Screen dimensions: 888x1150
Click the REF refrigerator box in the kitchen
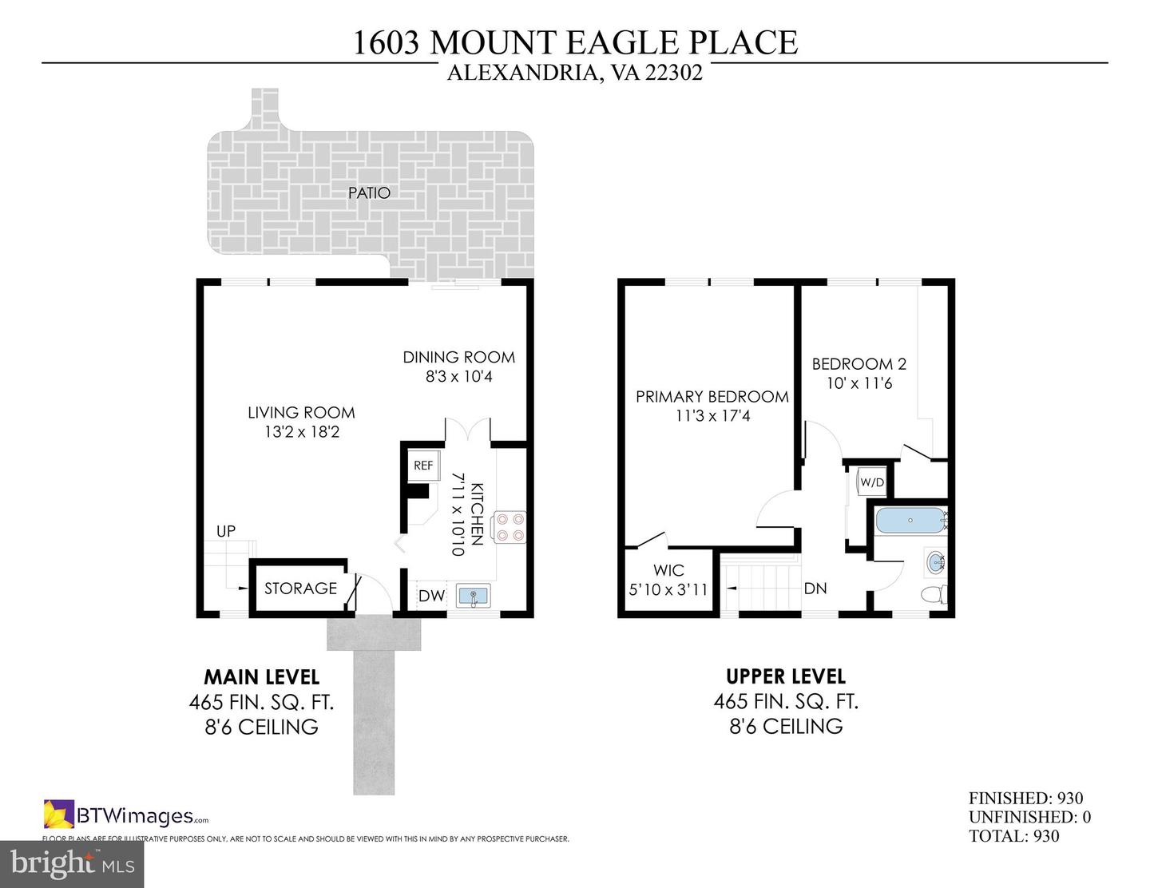click(x=423, y=466)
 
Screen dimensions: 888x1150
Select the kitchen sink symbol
click(x=474, y=596)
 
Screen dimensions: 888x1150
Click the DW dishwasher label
click(x=431, y=596)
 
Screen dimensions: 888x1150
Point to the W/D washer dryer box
click(x=871, y=482)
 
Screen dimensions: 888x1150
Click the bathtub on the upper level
click(x=910, y=521)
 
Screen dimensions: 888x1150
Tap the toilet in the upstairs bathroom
click(x=934, y=595)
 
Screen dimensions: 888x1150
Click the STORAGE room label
click(x=300, y=589)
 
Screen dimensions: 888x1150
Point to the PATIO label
click(x=369, y=192)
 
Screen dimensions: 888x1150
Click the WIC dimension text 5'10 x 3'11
click(x=668, y=590)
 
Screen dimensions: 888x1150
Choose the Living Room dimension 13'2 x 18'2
click(x=301, y=432)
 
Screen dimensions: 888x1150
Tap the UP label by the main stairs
click(x=226, y=531)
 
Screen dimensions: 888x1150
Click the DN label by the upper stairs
click(x=815, y=589)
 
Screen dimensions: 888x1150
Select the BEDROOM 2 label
click(x=859, y=364)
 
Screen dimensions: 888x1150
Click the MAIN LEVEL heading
click(x=262, y=677)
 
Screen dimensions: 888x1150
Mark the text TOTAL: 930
click(x=1013, y=836)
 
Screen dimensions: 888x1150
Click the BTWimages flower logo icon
click(x=58, y=815)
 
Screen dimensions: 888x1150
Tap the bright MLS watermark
click(x=72, y=862)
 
